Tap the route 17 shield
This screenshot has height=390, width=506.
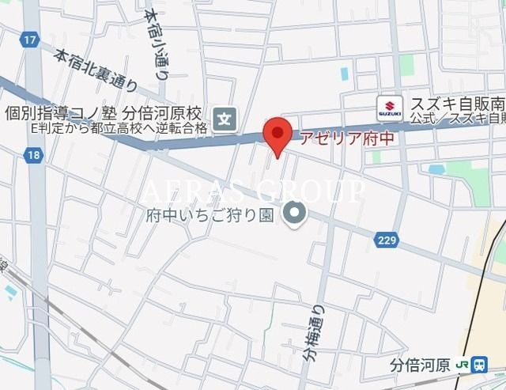[x=30, y=39]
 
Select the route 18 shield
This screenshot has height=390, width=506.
[x=32, y=156]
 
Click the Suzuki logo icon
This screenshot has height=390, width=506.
[x=389, y=106]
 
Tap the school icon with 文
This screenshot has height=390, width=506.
[x=226, y=119]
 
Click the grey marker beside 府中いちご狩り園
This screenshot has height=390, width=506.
[x=295, y=212]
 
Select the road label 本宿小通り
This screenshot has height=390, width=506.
[x=157, y=44]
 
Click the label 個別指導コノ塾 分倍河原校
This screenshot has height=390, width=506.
[x=104, y=114]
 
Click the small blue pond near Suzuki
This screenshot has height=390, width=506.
[x=436, y=168]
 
